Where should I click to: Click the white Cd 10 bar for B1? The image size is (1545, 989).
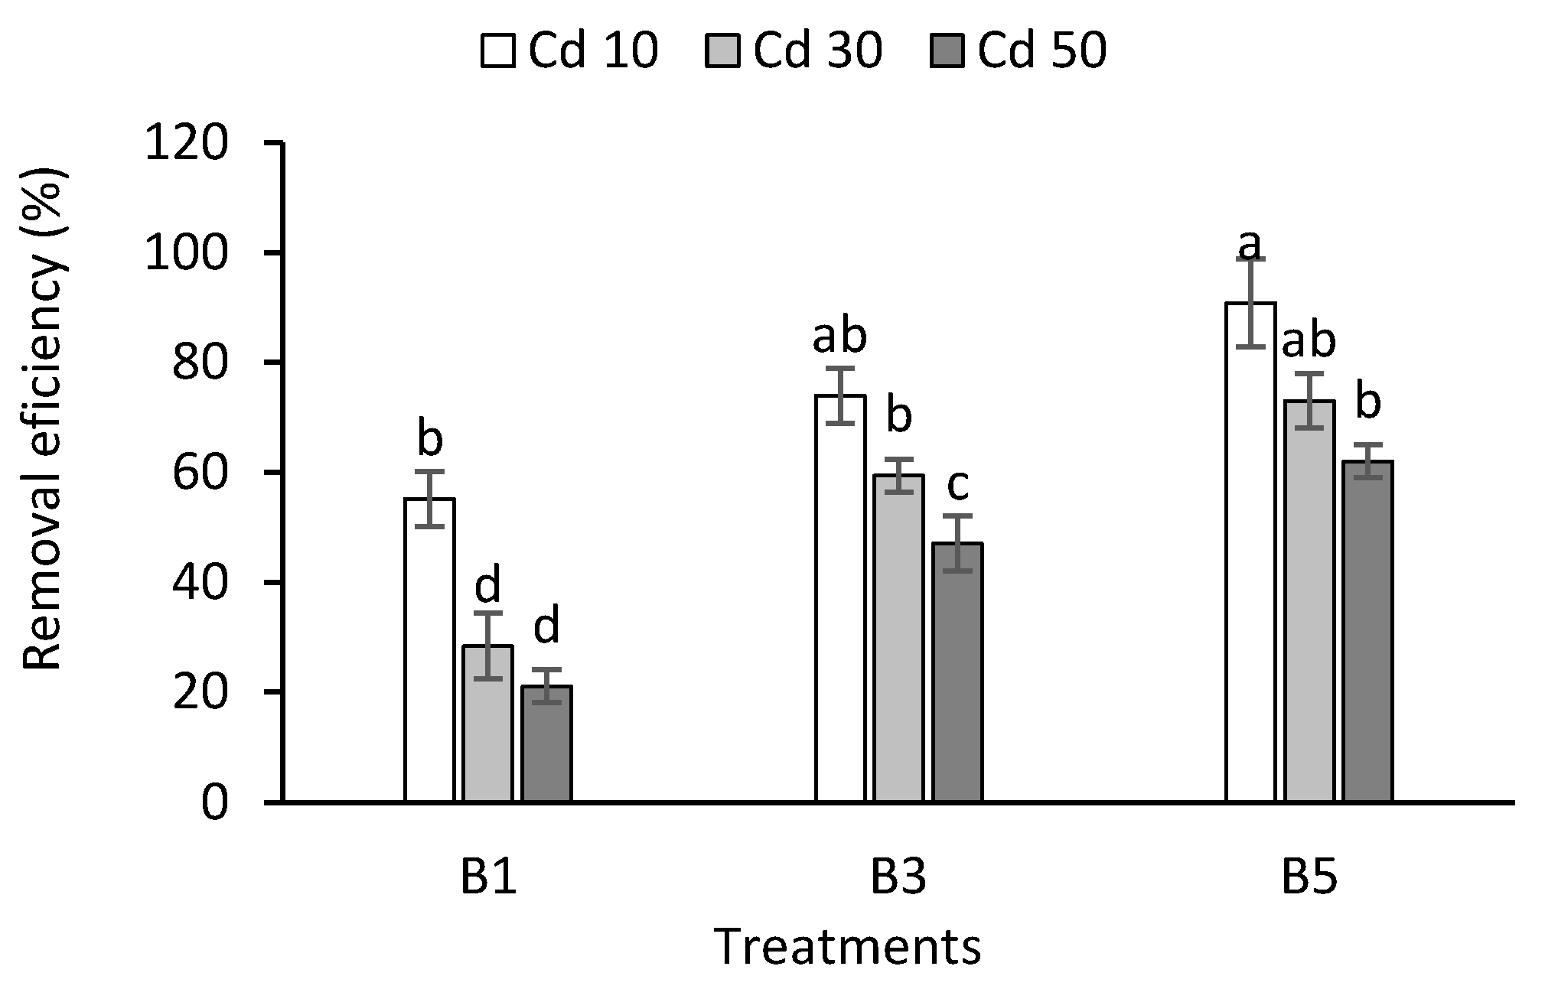click(429, 650)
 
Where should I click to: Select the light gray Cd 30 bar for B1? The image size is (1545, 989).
click(487, 724)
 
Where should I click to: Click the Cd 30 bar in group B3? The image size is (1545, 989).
click(899, 638)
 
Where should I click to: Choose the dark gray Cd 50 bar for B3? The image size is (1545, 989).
click(958, 672)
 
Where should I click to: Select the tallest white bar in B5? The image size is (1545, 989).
click(1250, 551)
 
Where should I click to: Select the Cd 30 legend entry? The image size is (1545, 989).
click(794, 52)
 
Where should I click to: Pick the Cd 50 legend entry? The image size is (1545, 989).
click(1019, 52)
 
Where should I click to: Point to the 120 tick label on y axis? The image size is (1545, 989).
click(185, 144)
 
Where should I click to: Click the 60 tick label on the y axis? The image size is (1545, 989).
click(200, 473)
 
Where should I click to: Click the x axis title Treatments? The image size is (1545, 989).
click(848, 948)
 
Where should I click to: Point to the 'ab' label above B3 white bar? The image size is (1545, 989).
click(839, 337)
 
